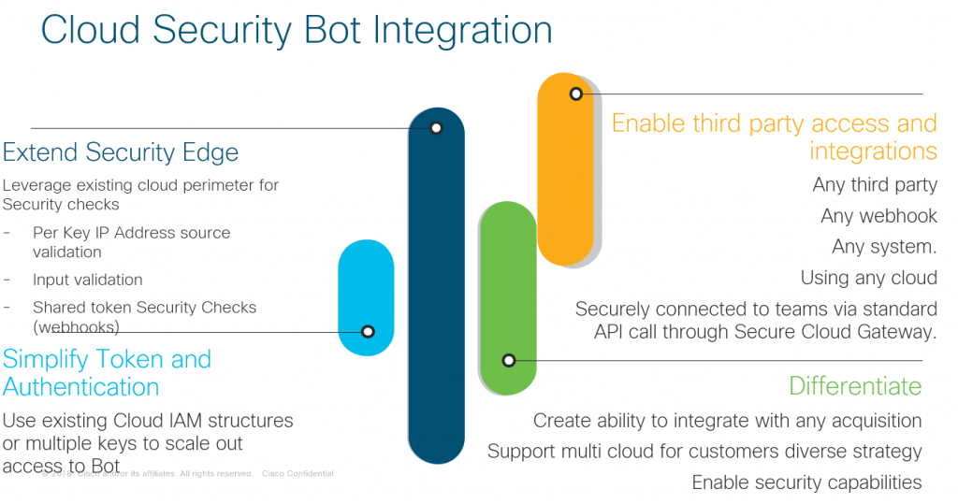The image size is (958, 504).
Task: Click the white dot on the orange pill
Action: coord(576,94)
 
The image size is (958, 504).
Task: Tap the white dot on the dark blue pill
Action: coord(436,128)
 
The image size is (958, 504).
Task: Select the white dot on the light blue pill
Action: coord(368,331)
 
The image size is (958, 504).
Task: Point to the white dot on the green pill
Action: coord(509,360)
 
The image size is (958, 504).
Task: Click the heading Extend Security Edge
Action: coord(121,152)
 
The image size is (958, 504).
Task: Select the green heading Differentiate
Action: coord(855,386)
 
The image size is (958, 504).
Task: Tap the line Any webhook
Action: coord(878,216)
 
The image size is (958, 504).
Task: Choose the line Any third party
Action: coord(875,185)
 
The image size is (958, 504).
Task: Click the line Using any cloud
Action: coord(868,278)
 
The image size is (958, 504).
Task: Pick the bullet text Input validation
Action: coord(87,280)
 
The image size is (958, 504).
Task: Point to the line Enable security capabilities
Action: coord(806,482)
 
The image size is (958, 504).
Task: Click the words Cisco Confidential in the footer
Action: coord(298,474)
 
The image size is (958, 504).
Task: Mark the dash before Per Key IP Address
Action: coord(7,233)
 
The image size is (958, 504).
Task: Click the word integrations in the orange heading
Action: coord(873,151)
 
